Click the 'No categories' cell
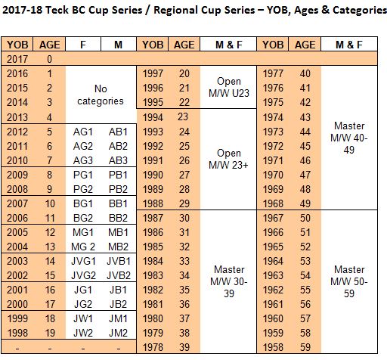(x=101, y=95)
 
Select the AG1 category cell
(x=83, y=132)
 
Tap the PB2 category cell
(x=118, y=189)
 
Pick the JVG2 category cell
(x=83, y=275)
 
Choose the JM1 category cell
(x=118, y=318)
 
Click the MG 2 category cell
(x=83, y=247)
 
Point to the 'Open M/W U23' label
(x=229, y=87)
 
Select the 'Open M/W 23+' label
(x=228, y=159)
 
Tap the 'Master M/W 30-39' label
(x=229, y=281)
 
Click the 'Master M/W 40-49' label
(x=349, y=138)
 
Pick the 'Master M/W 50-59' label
(x=349, y=281)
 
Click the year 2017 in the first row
(x=17, y=59)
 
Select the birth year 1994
(x=153, y=117)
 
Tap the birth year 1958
(x=273, y=347)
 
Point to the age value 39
(x=184, y=347)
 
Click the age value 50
(x=305, y=218)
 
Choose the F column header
(x=83, y=45)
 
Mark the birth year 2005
(x=17, y=232)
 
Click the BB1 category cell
(x=118, y=203)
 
